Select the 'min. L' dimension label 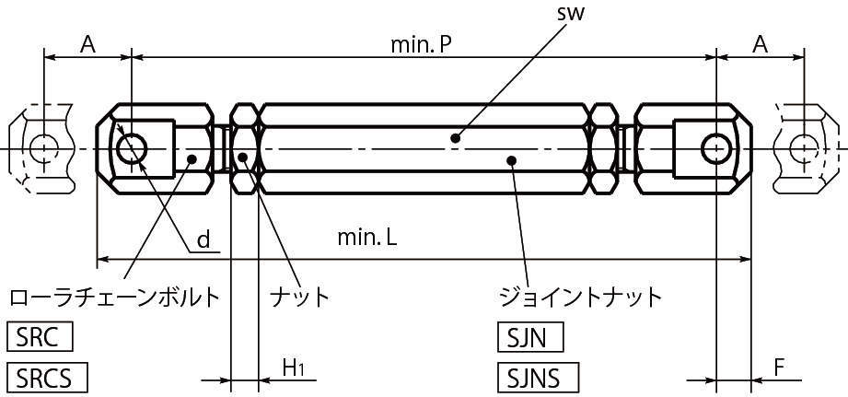[x=366, y=238]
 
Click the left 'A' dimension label [x=88, y=43]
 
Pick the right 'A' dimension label [x=761, y=43]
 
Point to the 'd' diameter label [x=204, y=240]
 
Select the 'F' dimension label [x=778, y=368]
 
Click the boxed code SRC [x=39, y=338]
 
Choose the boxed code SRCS [x=46, y=378]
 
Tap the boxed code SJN [x=529, y=338]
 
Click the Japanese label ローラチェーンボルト [x=114, y=297]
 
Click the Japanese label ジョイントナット [x=579, y=297]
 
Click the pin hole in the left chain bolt [x=132, y=147]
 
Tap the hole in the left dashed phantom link [x=40, y=147]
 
